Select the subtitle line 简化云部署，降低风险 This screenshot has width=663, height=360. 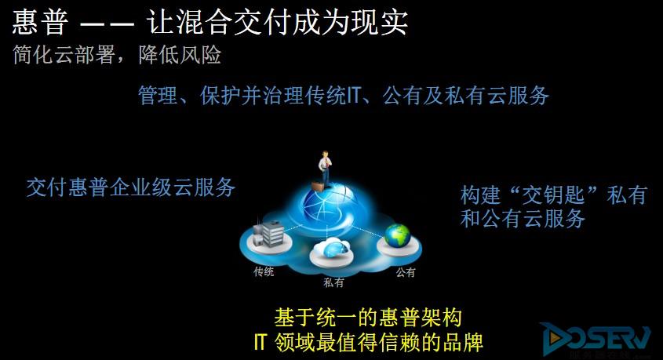(x=117, y=55)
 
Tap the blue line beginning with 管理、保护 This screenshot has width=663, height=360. (x=344, y=95)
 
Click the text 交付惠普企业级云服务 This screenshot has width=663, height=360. (x=131, y=187)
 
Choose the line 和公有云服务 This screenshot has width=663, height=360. (x=523, y=219)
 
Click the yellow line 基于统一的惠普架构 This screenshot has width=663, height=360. (x=368, y=318)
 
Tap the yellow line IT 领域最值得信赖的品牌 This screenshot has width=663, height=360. (x=368, y=342)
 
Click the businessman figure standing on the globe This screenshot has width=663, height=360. (x=325, y=169)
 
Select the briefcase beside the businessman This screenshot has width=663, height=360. (x=318, y=186)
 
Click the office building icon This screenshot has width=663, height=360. (x=268, y=233)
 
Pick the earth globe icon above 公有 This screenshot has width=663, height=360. (x=397, y=236)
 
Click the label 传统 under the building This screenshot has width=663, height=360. (x=264, y=271)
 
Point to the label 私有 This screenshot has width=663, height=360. (x=333, y=282)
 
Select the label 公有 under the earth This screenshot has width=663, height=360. (x=406, y=272)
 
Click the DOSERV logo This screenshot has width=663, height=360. (x=596, y=339)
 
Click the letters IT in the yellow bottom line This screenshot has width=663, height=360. (x=260, y=342)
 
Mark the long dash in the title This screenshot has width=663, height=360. (x=107, y=24)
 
